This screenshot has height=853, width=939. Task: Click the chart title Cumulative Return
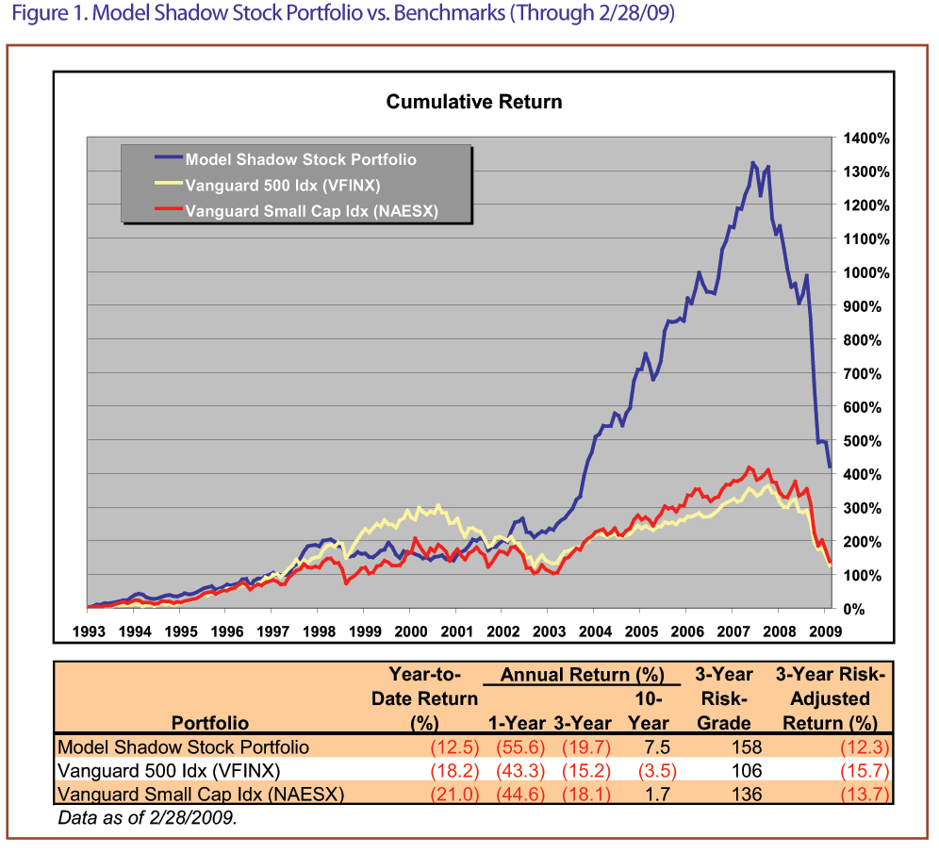[474, 102]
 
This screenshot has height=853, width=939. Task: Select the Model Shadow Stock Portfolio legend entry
[300, 159]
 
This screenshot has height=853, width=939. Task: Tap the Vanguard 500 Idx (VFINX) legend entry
[283, 186]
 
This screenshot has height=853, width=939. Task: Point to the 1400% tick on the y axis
[866, 138]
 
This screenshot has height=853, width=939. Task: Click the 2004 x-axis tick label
[595, 631]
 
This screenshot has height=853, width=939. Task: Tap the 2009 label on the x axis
[825, 631]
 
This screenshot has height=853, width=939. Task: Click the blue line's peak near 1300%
[752, 164]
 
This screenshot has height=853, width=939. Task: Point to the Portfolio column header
[210, 723]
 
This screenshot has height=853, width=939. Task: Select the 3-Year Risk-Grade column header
[724, 698]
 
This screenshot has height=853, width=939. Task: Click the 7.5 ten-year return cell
[655, 747]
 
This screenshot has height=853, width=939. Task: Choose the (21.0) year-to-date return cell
[453, 794]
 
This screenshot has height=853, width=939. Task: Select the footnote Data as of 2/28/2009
[146, 816]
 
